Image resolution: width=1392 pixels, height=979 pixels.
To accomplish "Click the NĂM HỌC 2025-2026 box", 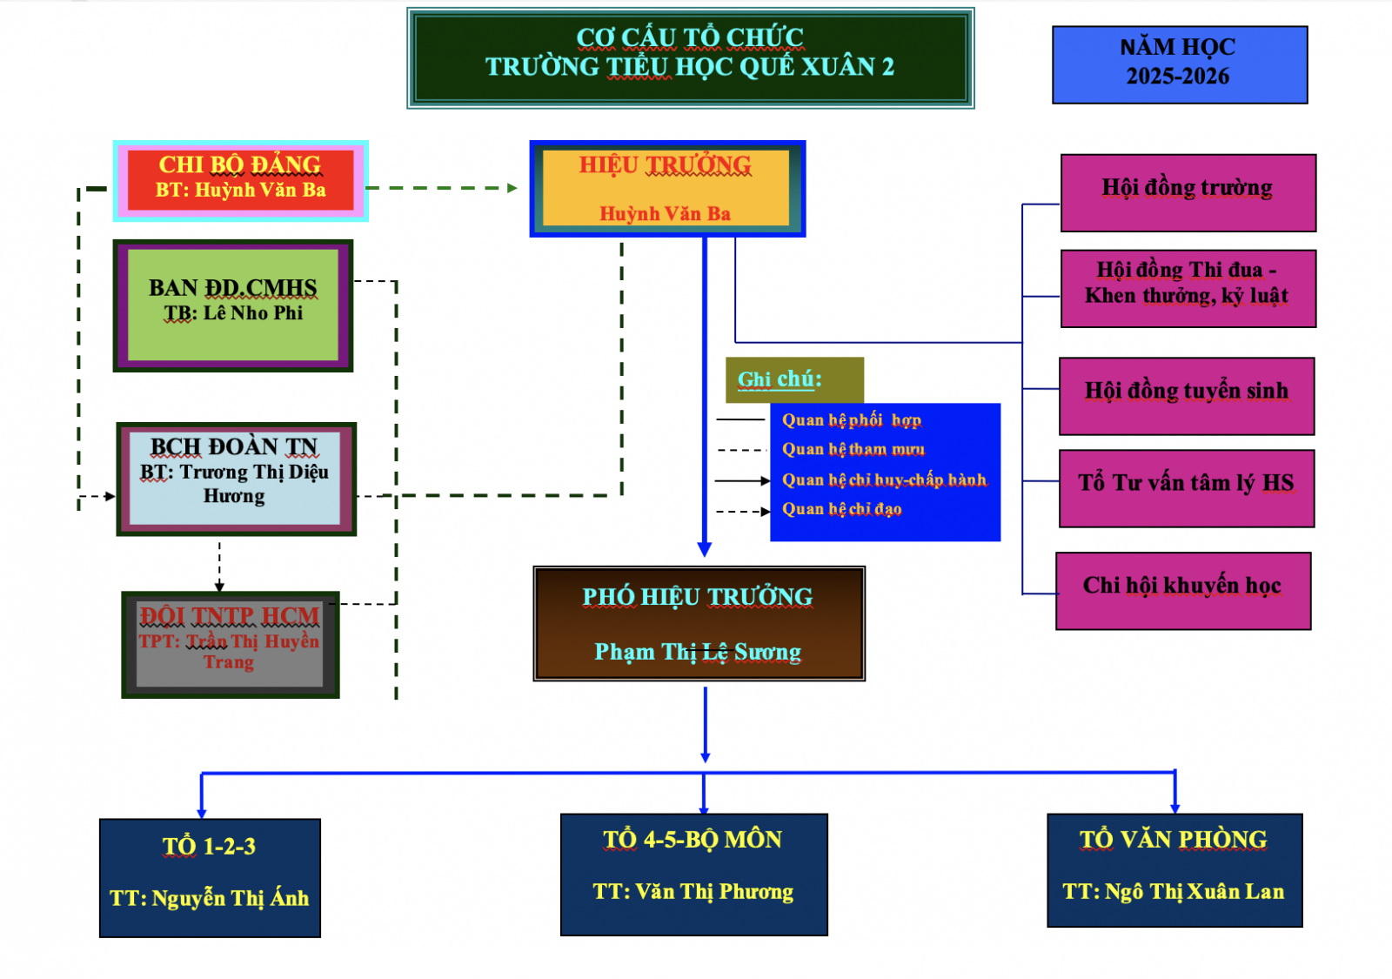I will coord(1179,64).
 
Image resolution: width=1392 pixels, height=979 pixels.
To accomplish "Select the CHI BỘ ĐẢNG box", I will coord(240,180).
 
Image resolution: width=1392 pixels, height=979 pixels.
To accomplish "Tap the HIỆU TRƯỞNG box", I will coord(666,188).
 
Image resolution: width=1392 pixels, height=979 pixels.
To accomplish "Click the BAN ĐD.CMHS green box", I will coord(232,305).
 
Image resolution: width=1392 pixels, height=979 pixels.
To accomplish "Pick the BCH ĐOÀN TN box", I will coord(236,479).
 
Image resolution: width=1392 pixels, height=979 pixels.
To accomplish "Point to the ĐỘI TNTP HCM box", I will coord(230,644).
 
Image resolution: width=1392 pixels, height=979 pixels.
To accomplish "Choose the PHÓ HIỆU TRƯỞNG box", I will coord(699,623).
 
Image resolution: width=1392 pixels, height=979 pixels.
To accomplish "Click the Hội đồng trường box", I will coord(1188,192).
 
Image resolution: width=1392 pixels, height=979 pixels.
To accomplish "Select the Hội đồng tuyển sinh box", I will coord(1186,395).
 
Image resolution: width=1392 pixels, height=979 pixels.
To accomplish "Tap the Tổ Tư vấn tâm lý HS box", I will coord(1186,487).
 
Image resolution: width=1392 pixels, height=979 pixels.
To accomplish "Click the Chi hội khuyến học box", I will coord(1182,590).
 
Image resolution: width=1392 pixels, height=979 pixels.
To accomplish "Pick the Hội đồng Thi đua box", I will coord(1188,288).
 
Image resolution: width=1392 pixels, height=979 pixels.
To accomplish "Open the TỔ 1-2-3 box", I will coord(210,877).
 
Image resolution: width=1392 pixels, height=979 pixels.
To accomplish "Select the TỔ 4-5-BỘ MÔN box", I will coord(693,874).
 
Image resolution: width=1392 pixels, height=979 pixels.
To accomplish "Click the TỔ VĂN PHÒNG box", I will coord(1174,869).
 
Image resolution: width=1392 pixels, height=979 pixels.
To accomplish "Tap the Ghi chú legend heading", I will coord(780,379).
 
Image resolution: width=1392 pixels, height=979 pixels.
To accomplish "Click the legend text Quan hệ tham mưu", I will coord(853,450).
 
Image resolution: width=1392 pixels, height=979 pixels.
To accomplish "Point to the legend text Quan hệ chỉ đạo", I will coord(841,509).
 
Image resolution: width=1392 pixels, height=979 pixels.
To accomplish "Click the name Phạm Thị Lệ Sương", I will coord(698,653).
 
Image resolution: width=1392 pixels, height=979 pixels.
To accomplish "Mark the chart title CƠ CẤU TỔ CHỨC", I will coord(690,37).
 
